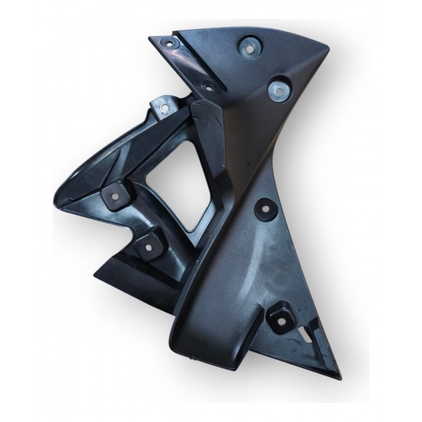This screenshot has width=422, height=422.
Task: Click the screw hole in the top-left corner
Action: tap(170, 44)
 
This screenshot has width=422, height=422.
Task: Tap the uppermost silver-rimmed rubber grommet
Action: tap(248, 47)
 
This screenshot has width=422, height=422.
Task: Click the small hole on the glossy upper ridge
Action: tap(207, 87)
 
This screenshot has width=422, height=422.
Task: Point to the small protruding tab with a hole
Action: tap(161, 108)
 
